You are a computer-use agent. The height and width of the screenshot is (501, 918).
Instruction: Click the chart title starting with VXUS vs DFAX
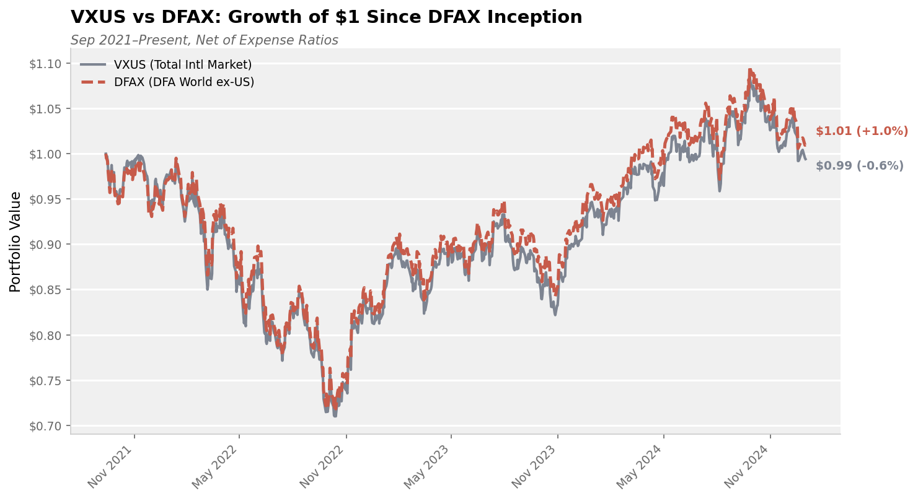click(x=326, y=17)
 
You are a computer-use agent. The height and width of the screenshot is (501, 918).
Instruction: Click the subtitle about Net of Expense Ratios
click(x=204, y=41)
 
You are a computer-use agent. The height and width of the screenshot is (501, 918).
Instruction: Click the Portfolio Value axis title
click(x=16, y=242)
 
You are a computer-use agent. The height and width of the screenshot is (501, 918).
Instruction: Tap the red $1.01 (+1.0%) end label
click(x=862, y=131)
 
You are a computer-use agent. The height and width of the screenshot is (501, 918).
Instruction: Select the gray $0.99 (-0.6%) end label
click(x=859, y=166)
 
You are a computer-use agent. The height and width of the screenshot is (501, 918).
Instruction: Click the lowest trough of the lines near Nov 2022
click(x=335, y=415)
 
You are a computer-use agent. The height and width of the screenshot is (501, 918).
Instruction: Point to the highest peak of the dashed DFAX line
click(x=750, y=71)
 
